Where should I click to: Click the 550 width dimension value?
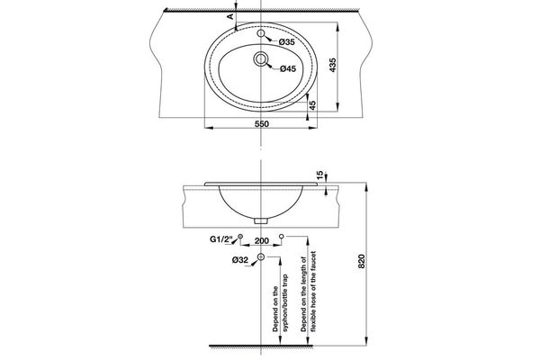[x=261, y=122]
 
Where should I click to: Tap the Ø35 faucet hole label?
[x=286, y=42]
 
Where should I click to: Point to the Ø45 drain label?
[x=287, y=68]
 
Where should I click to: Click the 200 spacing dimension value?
[x=261, y=241]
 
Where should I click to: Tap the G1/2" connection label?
[x=221, y=241]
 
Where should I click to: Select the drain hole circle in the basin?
[x=260, y=60]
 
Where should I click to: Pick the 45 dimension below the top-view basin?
[x=311, y=105]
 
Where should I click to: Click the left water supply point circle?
[x=239, y=235]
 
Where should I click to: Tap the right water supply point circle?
[x=282, y=235]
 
